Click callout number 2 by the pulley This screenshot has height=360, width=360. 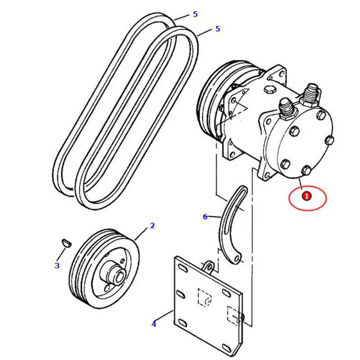pos(152,226)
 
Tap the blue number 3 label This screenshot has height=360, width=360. pos(57,265)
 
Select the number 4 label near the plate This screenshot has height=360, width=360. pos(154,324)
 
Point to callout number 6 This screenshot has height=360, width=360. pos(205,217)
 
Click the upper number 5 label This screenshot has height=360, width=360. pos(195,14)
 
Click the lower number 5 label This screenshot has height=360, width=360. pos(218,29)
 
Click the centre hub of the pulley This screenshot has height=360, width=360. pos(115,272)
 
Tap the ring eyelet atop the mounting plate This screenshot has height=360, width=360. pos(209,265)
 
